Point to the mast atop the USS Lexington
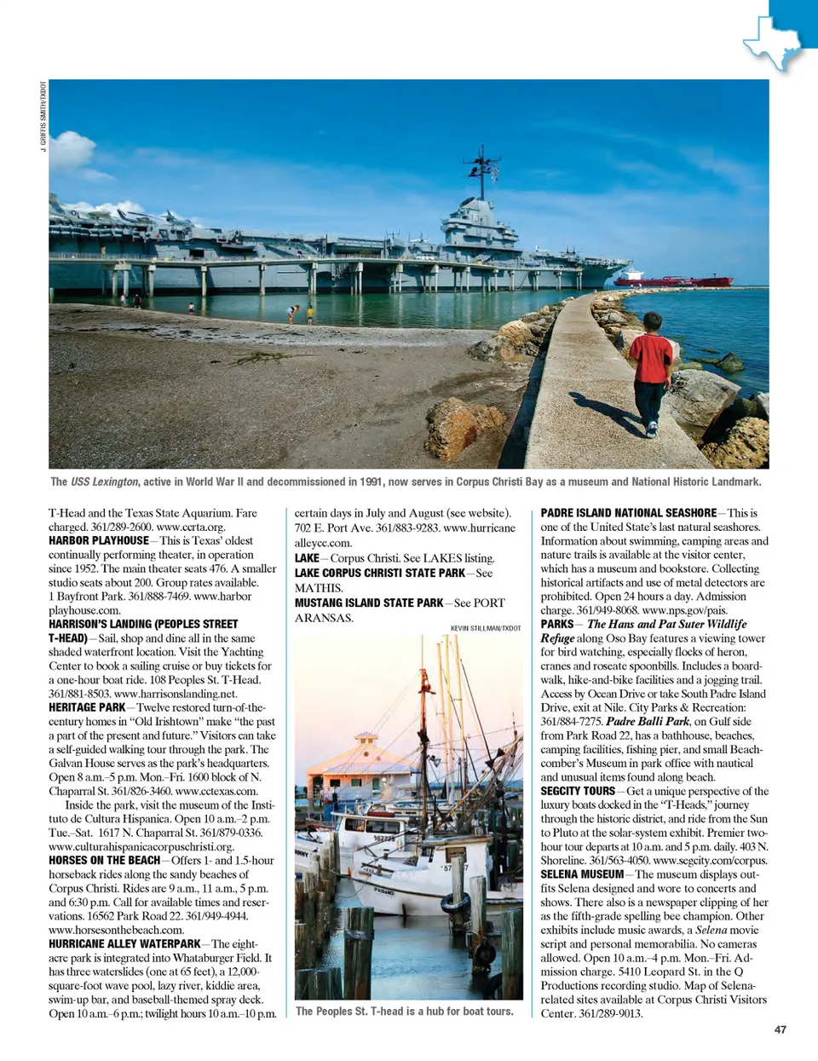(x=482, y=170)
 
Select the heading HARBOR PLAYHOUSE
(x=99, y=540)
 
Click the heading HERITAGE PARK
(x=87, y=707)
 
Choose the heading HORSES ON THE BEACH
(x=104, y=860)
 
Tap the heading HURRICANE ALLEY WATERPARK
(x=124, y=943)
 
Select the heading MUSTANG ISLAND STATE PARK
(x=369, y=603)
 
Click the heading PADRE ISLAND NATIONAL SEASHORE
(x=628, y=513)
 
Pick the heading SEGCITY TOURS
(x=578, y=791)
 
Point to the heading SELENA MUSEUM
(x=582, y=874)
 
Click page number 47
(x=780, y=1029)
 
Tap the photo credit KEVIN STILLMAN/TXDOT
(x=486, y=628)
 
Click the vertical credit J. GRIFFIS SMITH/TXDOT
(x=43, y=116)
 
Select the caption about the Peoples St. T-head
(x=404, y=1012)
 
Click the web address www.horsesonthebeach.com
(x=116, y=930)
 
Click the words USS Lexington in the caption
(x=104, y=481)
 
